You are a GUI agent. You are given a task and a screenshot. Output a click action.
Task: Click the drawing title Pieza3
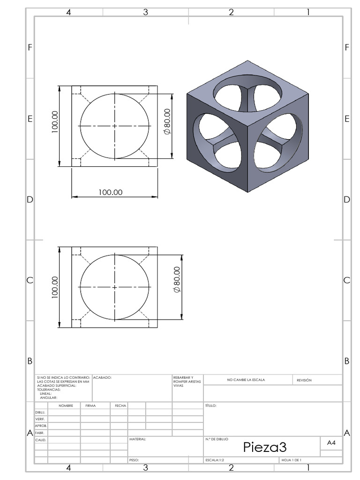coord(264,447)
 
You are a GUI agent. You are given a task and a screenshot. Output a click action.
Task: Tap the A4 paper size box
coord(331,442)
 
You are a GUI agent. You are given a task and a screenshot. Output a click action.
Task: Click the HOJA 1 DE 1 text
coord(291,460)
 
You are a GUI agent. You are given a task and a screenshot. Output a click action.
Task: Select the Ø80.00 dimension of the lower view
coord(176,279)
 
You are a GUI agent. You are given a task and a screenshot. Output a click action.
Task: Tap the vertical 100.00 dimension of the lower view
coord(55,287)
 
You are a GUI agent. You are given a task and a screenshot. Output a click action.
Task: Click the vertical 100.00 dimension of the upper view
coord(55,122)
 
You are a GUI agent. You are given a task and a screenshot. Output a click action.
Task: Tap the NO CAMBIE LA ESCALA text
coord(246,380)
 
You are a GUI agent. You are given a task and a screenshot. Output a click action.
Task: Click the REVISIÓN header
coord(304,380)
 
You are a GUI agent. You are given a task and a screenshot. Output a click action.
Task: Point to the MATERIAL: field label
coord(138,440)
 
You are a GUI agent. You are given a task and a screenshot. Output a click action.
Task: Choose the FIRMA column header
coord(90,405)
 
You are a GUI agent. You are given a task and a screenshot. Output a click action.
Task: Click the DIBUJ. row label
coord(40,412)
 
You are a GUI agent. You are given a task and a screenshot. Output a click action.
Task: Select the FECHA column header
coord(120,405)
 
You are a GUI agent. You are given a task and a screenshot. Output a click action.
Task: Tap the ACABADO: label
coord(102,377)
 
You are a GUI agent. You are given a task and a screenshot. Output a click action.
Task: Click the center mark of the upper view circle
coord(115,126)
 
